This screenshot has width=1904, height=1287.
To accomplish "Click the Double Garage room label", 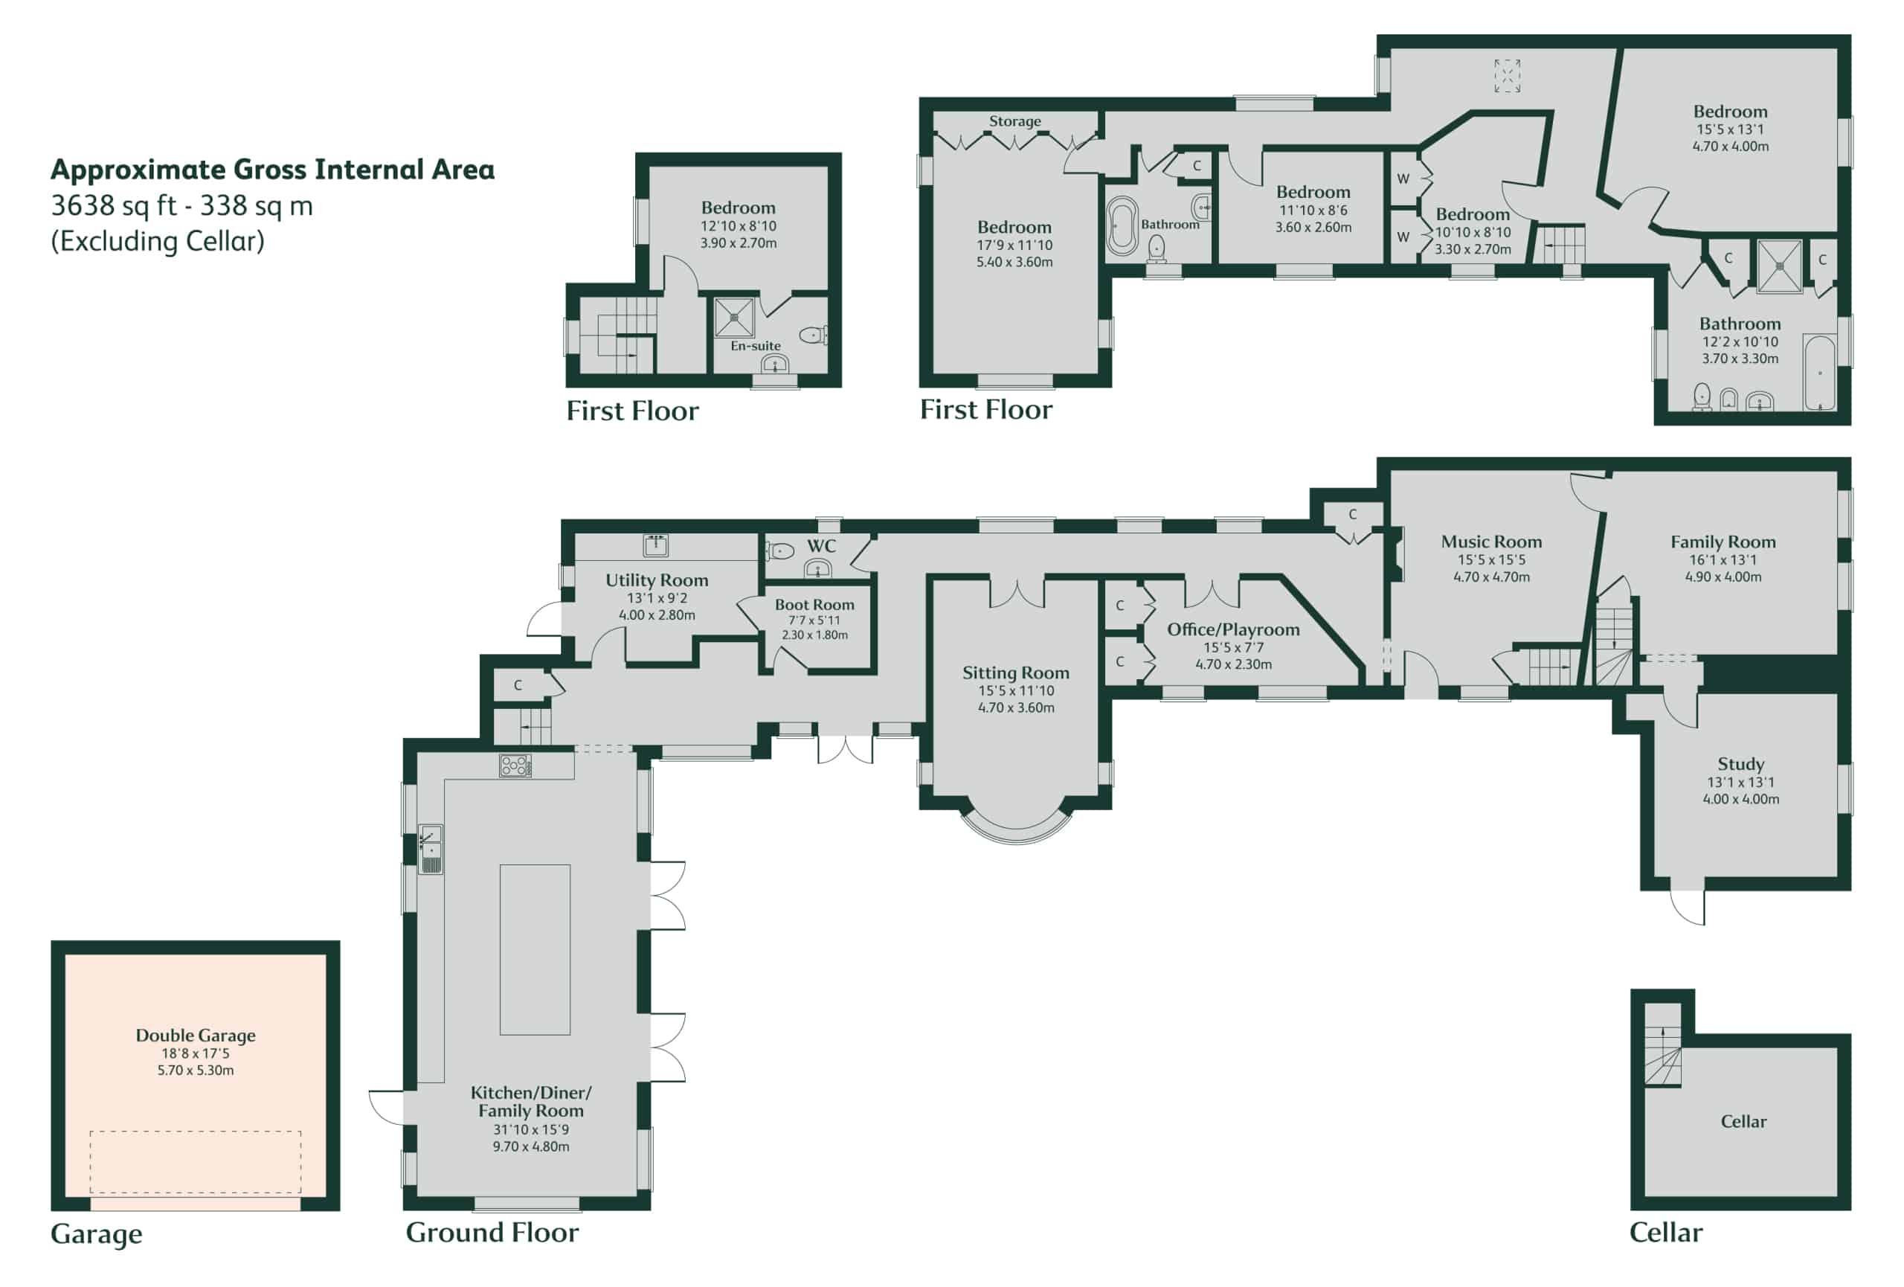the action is coord(195,1035).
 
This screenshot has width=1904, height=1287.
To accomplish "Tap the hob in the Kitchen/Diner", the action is coord(515,766).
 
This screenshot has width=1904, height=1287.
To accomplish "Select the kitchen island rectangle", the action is coord(535,949).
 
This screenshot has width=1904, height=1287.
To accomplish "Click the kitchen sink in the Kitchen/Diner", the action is coord(430,849).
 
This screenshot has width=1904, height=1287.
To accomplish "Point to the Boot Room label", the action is coord(814,605).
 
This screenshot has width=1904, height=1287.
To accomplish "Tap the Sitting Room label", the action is coord(1016,673).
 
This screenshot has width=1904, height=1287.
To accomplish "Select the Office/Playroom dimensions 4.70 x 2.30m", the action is coord(1234,664).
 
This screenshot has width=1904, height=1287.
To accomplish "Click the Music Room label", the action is coord(1491,542).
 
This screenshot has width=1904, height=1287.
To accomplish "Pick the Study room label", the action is coord(1741,764).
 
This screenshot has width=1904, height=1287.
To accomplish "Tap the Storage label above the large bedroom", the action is coord(1015,121).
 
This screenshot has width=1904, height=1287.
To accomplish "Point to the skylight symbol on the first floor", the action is coord(1507,75).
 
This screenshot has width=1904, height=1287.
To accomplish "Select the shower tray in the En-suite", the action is coord(734,317).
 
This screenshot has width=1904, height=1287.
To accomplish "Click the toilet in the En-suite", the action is coord(814,334).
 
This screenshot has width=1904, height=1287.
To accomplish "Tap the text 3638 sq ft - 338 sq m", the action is coord(182,205).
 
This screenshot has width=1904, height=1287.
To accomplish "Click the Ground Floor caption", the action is coord(492,1232).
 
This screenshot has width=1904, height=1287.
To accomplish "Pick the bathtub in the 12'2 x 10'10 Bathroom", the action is coord(1820,372).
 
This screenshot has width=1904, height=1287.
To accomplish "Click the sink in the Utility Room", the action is coord(655,545).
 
